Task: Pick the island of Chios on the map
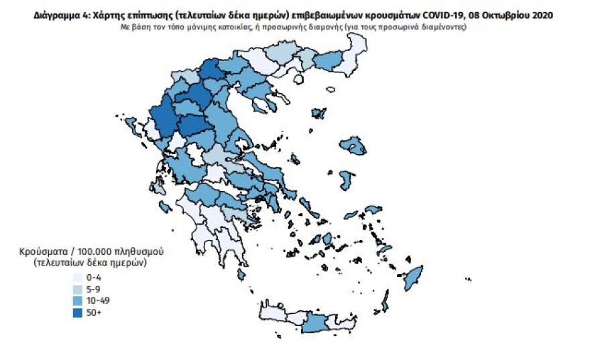click(347, 180)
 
